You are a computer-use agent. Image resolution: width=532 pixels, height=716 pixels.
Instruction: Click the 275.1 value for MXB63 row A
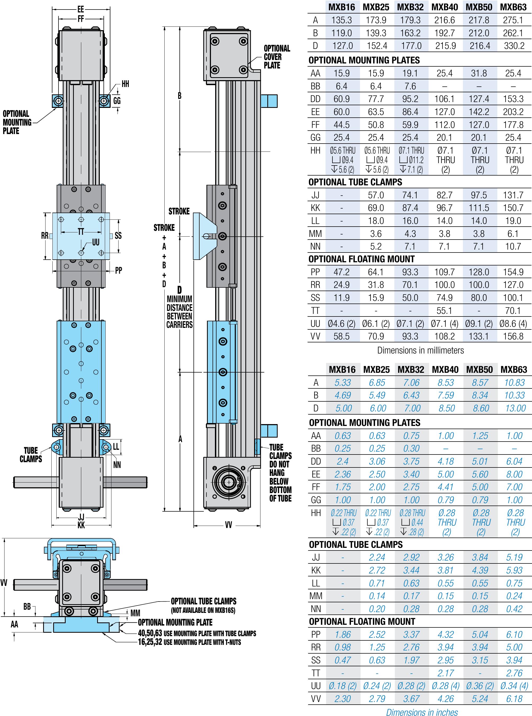pos(513,20)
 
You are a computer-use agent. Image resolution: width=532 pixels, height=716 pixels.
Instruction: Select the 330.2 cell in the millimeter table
pos(514,46)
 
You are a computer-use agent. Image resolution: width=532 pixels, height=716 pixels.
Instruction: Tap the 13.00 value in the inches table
pos(515,408)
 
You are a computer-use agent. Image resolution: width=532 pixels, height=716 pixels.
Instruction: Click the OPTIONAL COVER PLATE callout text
pos(277,57)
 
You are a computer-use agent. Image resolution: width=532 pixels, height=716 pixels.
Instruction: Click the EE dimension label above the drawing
pos(80,9)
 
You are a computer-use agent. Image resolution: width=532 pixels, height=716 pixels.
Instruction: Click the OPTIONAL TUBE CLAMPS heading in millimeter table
pos(355,182)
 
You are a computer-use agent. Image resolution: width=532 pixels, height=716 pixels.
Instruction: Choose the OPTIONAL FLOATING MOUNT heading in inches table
pos(362,621)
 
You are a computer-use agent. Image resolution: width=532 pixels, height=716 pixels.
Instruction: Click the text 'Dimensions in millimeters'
pos(420,350)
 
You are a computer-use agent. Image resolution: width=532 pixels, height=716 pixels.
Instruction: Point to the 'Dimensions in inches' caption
pos(422,712)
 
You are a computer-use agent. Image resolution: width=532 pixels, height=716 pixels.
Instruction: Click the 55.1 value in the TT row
pos(444,311)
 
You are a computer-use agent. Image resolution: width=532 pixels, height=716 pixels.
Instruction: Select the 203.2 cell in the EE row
pos(513,112)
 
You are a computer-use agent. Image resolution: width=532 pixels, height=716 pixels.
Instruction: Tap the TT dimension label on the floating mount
pos(81,232)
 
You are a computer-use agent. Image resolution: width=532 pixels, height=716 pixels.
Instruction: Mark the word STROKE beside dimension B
pos(179,211)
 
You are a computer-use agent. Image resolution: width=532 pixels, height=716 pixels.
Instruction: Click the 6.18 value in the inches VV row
pos(514,699)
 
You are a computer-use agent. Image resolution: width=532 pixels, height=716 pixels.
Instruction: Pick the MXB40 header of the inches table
pos(445,370)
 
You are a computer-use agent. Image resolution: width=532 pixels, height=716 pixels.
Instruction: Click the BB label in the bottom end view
pos(27,606)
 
